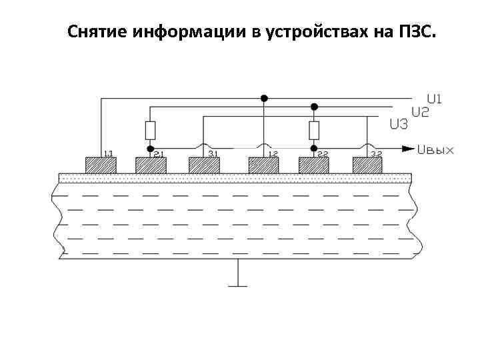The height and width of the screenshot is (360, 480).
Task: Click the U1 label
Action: coord(435,99)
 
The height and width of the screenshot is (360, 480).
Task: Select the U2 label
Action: coord(420,112)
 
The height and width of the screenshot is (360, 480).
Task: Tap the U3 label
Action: coord(399,124)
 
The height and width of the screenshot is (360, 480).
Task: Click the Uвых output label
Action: coord(435,149)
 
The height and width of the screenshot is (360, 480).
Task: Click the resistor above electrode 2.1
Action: coord(151,130)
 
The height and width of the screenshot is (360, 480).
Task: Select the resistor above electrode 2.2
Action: coord(314,130)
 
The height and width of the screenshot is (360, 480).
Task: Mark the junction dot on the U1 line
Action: coord(264,98)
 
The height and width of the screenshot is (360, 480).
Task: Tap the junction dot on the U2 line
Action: coord(314,106)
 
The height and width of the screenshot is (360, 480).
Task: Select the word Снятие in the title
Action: coord(98,32)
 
